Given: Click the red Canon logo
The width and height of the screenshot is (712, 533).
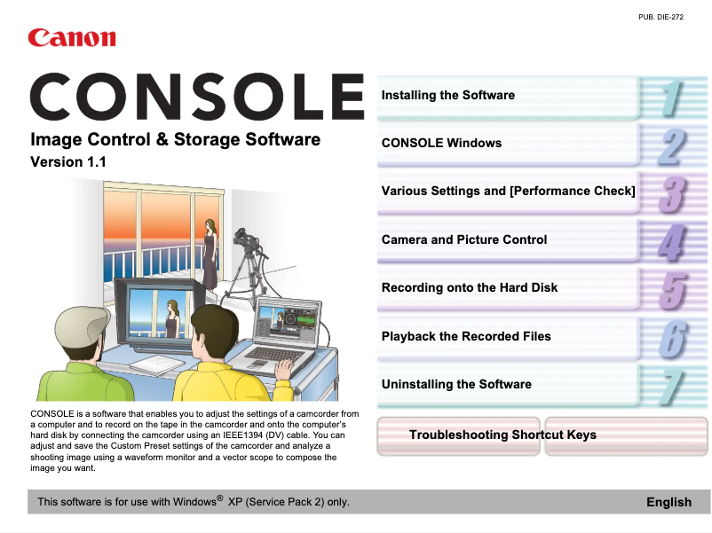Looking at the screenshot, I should coord(72,37).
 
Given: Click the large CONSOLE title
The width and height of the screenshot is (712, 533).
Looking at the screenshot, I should coord(197,96).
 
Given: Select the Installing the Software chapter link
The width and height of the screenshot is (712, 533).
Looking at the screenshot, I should coord(448,95).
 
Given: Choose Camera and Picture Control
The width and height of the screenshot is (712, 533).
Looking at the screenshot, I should coord(464,239).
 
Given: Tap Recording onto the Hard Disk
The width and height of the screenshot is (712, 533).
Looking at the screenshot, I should coord(470,287).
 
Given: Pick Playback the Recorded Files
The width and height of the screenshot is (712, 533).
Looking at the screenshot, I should coord(466,336).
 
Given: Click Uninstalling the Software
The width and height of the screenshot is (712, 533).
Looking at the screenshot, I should coord(456,384).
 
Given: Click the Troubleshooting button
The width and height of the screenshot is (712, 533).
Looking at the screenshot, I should coord(458,435).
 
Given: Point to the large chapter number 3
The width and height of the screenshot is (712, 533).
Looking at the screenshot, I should coord(672,194).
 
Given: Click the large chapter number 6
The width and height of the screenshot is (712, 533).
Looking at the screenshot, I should coord(673,340).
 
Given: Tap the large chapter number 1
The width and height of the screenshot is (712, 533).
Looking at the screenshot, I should coord(672,98).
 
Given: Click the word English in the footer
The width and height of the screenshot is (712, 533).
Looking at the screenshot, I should coord(668,502).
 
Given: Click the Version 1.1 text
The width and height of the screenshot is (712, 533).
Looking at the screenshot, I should coord(68,162).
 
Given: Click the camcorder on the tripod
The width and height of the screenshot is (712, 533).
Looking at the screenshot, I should coord(246,241).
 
